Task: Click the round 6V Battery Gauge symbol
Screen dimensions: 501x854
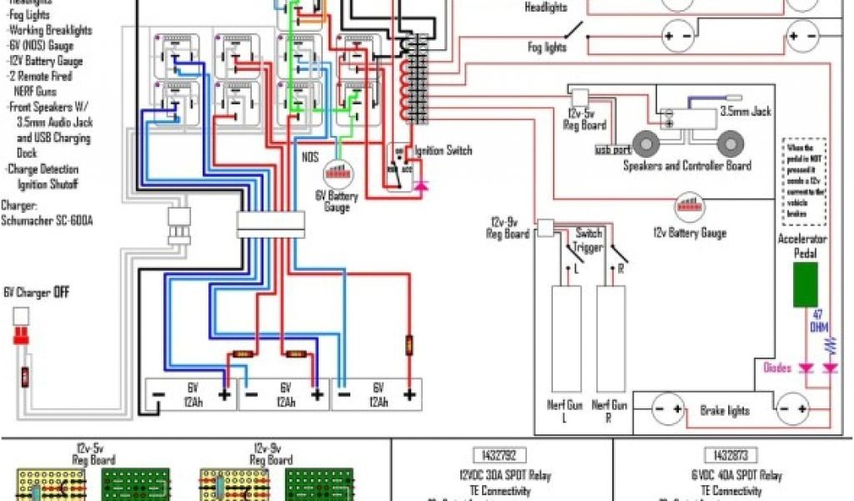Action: click(x=339, y=172)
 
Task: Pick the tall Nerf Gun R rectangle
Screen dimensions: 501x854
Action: click(x=610, y=340)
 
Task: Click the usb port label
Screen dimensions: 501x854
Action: click(x=612, y=150)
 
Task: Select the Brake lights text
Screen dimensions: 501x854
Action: click(x=724, y=411)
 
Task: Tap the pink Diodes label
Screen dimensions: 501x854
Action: click(x=777, y=367)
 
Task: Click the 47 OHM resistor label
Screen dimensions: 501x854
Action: click(x=819, y=321)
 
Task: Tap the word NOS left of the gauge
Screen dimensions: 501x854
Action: click(x=309, y=156)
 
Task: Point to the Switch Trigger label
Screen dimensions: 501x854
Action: click(x=588, y=240)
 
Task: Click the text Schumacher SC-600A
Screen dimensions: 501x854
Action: click(x=47, y=220)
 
